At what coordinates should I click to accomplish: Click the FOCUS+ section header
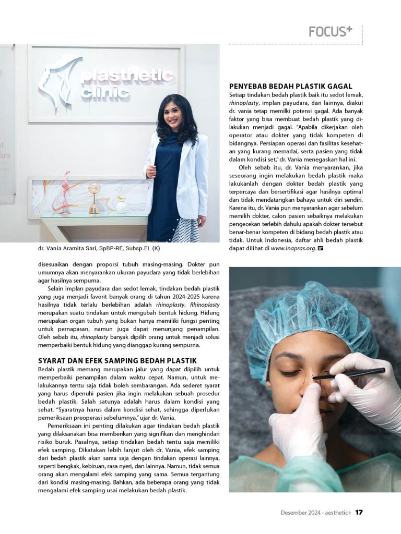[x=330, y=32]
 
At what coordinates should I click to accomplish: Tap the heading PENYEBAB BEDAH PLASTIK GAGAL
[x=290, y=86]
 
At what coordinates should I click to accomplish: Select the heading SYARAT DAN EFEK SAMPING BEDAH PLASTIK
[x=117, y=360]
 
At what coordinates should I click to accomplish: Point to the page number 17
[x=359, y=512]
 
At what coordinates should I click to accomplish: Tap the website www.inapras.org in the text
[x=293, y=248]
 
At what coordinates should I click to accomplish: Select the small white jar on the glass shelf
[x=121, y=205]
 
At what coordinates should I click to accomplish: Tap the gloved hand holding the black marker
[x=365, y=386]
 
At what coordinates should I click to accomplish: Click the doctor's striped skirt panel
[x=186, y=229]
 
